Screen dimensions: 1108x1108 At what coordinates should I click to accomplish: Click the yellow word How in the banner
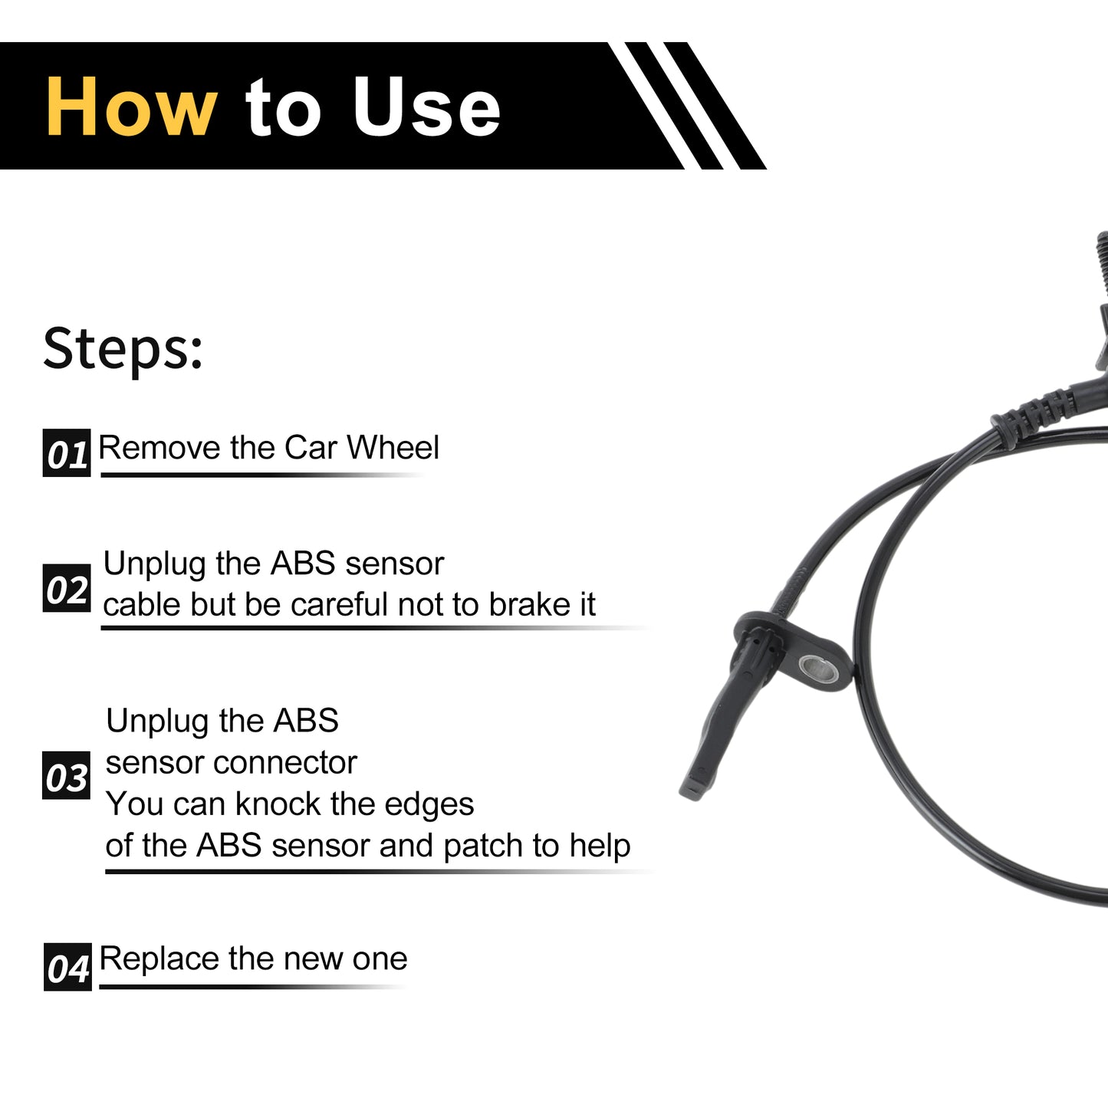132,107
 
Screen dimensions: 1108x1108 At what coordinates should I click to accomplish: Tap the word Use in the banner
426,107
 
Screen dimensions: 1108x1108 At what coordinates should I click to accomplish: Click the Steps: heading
123,349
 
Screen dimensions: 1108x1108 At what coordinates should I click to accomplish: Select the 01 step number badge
67,452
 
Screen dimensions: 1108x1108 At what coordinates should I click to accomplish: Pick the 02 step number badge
67,588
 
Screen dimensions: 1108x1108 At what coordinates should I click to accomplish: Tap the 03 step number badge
66,776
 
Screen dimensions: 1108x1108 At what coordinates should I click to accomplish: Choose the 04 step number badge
67,967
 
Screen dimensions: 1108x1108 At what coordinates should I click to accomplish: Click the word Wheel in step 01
393,447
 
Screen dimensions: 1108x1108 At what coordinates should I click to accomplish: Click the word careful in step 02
339,604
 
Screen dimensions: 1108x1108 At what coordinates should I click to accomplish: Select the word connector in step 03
285,764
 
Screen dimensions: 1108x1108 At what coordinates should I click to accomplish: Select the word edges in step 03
429,805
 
